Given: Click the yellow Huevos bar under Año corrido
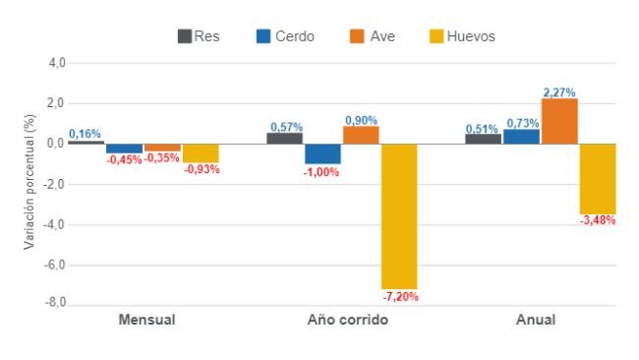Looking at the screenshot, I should click(x=399, y=215).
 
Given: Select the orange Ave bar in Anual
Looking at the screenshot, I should click(x=559, y=121).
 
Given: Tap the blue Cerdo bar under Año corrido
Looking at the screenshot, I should click(x=322, y=153).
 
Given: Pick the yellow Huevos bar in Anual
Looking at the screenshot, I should click(x=597, y=178).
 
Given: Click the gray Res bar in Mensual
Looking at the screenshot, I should click(x=86, y=142).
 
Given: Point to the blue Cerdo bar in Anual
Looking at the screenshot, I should click(x=521, y=137).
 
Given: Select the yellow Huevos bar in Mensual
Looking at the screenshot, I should click(x=201, y=152).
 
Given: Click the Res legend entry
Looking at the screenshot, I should click(x=198, y=36).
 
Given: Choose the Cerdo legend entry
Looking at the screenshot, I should click(x=285, y=36).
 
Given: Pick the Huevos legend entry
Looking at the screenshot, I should click(x=462, y=36).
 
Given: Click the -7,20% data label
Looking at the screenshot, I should click(x=399, y=296).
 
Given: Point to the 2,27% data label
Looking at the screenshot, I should click(x=559, y=92).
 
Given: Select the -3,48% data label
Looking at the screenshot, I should click(x=597, y=220).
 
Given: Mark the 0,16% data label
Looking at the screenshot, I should click(x=85, y=134).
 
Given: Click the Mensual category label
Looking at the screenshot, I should click(x=146, y=321).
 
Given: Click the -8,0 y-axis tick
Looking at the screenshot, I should click(x=54, y=304).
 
